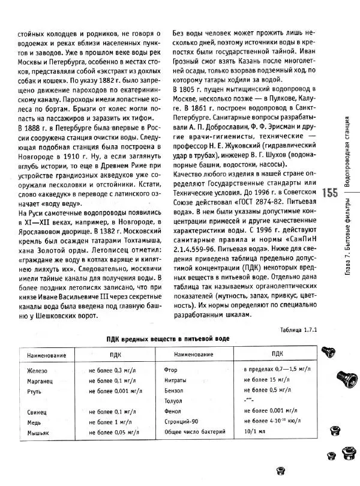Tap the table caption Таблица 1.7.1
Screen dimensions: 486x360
click(298, 330)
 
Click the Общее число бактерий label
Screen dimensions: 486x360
click(194, 432)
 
